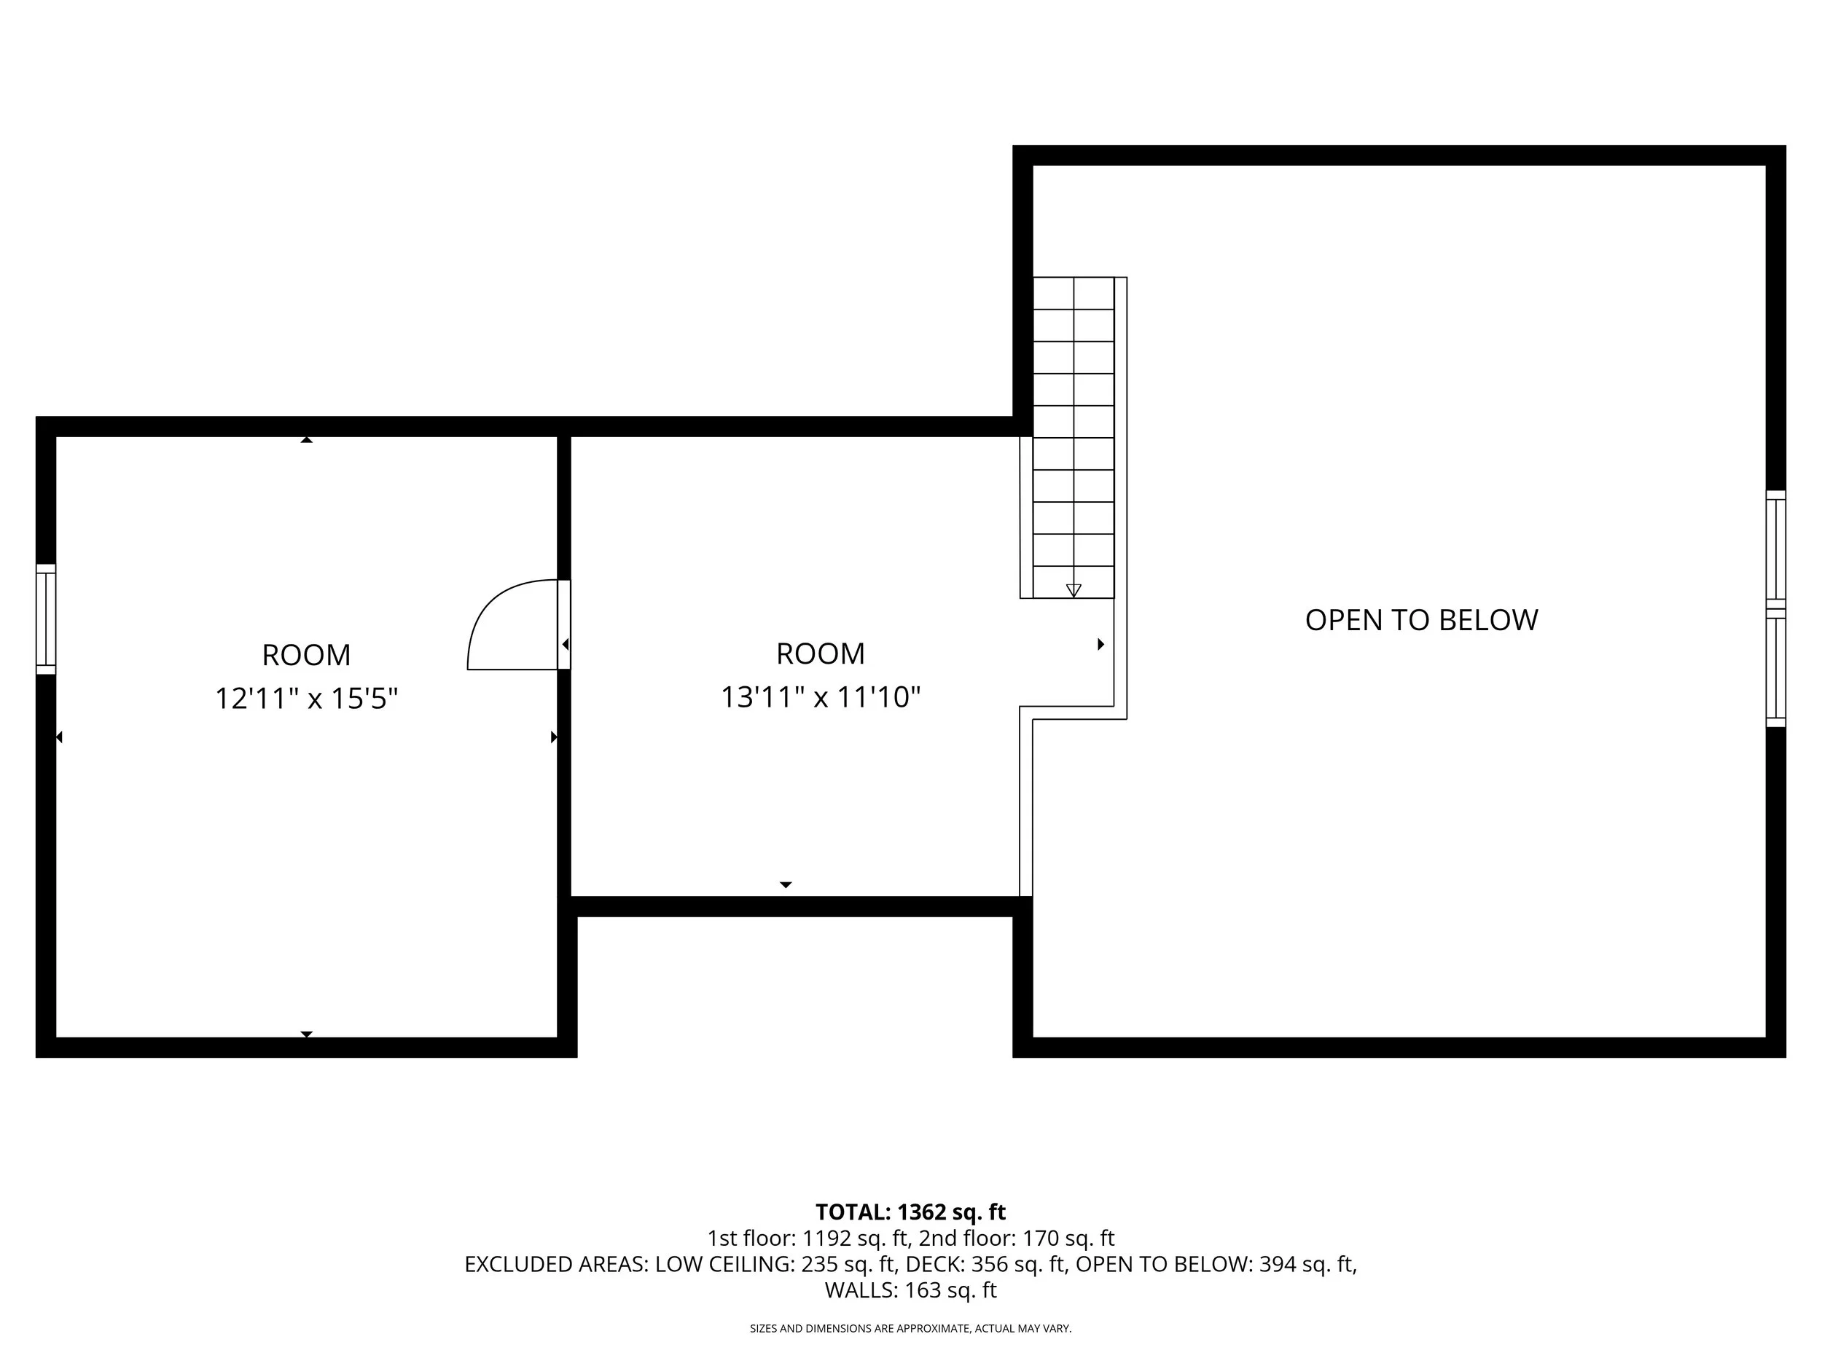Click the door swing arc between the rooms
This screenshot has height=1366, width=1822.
[486, 606]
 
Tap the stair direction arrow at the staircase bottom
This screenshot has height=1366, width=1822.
[1074, 590]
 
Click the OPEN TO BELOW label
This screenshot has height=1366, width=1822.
[1422, 620]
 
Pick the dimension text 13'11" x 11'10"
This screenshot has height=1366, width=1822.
[821, 697]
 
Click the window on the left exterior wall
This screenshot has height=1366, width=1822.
[46, 619]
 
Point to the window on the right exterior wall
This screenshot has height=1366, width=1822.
[1776, 608]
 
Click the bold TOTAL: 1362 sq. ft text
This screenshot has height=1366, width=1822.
[910, 1212]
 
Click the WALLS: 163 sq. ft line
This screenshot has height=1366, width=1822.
[911, 1290]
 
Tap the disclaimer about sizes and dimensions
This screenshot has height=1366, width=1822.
[910, 1328]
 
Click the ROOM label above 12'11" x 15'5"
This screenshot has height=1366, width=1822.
[306, 656]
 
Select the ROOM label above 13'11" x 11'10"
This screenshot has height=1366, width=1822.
[821, 653]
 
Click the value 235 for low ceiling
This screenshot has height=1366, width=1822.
[821, 1264]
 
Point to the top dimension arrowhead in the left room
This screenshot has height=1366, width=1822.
[306, 441]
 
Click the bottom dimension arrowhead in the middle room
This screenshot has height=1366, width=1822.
[786, 885]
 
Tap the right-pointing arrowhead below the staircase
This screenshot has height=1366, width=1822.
[1100, 644]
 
